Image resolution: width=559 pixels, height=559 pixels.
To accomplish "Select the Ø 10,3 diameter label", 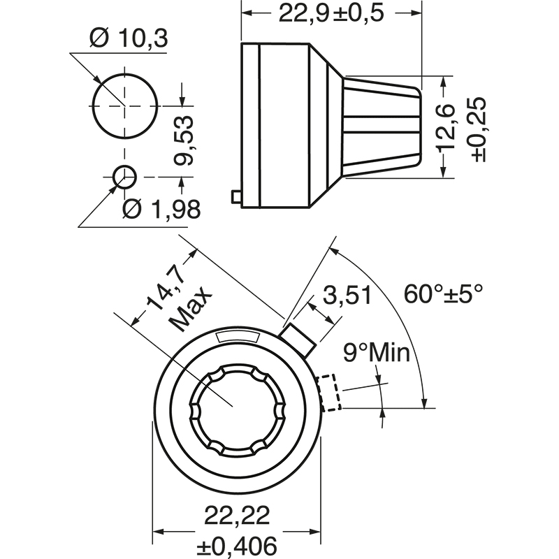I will [129, 39].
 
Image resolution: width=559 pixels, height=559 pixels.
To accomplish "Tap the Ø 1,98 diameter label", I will [161, 208].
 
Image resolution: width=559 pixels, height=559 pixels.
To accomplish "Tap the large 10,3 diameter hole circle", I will [124, 106].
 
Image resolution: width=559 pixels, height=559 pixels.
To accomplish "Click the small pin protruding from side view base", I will [235, 198].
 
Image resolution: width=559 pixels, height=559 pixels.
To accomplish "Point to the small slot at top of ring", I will [238, 337].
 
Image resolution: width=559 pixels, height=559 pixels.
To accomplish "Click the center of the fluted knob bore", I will [237, 407].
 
